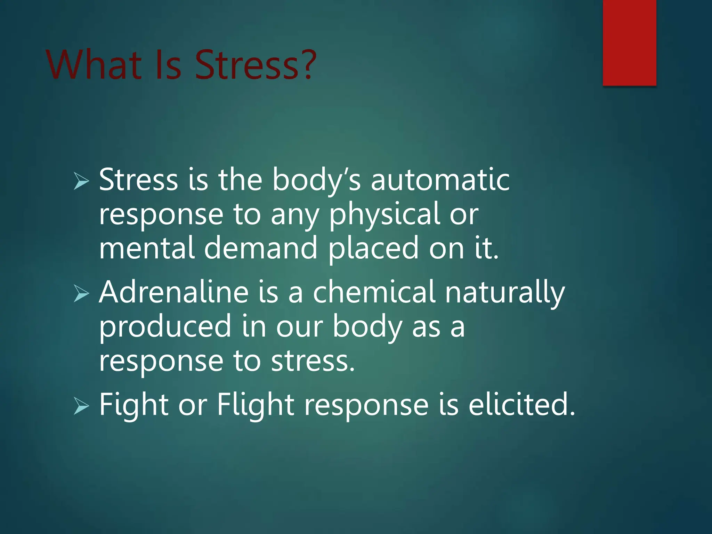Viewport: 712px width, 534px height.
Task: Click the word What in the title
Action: coord(94,65)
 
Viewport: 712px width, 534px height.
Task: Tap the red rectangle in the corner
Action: coord(629,42)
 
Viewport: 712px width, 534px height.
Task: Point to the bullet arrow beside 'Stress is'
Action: coord(81,181)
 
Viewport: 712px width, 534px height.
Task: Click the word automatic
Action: coord(440,180)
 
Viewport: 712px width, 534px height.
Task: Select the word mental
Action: coord(146,248)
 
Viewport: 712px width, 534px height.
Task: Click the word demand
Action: coord(261,248)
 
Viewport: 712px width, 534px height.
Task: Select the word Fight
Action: coord(134,405)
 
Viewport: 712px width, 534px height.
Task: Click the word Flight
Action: coord(256,405)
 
